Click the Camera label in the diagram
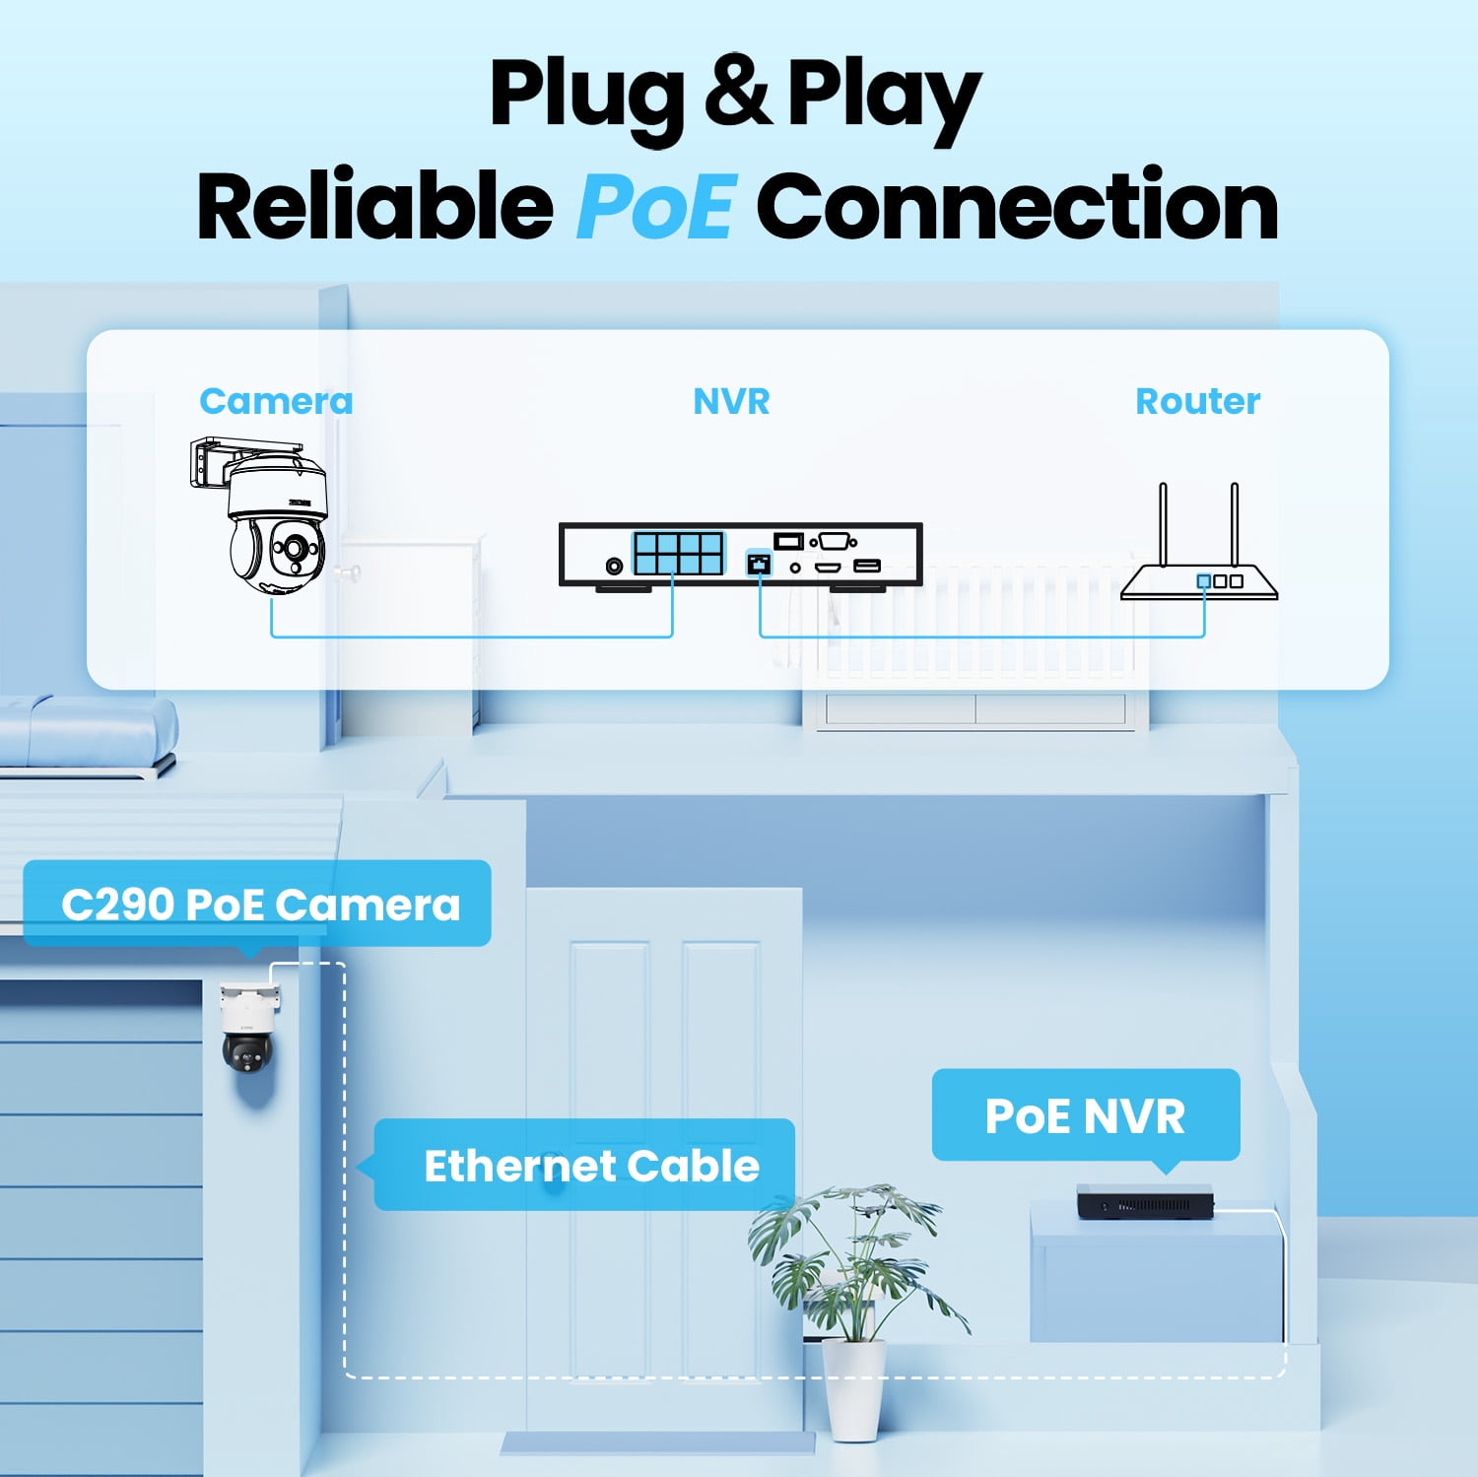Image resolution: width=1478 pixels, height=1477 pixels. (276, 401)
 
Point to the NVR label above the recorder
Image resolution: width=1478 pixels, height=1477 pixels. (731, 401)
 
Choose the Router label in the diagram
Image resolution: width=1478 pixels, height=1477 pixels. (1197, 401)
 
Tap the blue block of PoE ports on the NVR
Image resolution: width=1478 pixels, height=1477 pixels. (679, 554)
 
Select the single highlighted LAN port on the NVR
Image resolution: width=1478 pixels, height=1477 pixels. (759, 564)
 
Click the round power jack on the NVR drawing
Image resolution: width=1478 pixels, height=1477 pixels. (614, 566)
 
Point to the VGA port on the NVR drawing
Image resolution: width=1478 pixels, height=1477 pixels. (834, 541)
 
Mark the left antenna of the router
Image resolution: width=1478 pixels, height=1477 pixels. (1163, 524)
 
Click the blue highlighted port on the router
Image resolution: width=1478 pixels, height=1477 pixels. (1203, 581)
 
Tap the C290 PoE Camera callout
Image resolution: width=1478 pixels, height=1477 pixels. (257, 905)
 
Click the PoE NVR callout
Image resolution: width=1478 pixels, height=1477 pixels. (1085, 1116)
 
